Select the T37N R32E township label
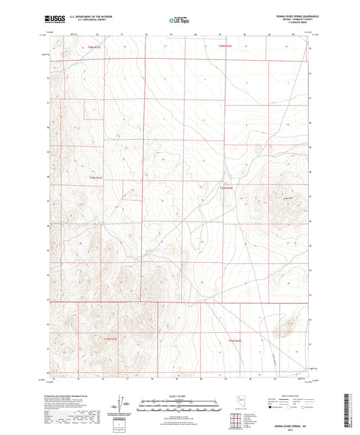coord(227,188)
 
